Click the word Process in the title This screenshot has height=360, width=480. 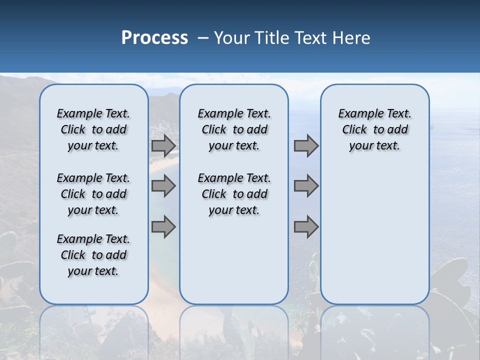[x=154, y=38]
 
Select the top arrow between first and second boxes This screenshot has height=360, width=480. [x=163, y=146]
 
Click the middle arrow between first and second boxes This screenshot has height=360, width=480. [x=163, y=186]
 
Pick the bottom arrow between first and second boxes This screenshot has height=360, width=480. [x=163, y=226]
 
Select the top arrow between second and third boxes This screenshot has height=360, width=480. [x=306, y=146]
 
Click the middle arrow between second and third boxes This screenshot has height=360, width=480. [x=306, y=186]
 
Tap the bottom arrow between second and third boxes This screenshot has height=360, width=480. [x=306, y=226]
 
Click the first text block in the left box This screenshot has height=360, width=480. [x=93, y=129]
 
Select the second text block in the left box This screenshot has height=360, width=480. [x=93, y=194]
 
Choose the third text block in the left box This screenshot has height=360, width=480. [x=93, y=255]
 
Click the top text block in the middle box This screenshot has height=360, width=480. [x=234, y=129]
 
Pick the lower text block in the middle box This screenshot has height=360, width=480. [x=234, y=194]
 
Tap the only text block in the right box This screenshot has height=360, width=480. [x=375, y=129]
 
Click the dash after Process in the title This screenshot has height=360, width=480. [x=202, y=38]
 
